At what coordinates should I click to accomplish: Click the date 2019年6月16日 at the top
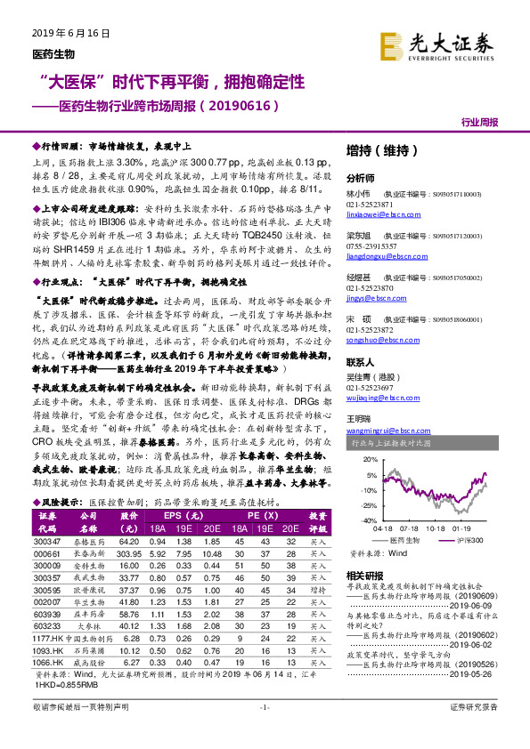69,34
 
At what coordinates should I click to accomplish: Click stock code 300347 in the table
47,540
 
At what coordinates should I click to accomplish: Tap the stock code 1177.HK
47,639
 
